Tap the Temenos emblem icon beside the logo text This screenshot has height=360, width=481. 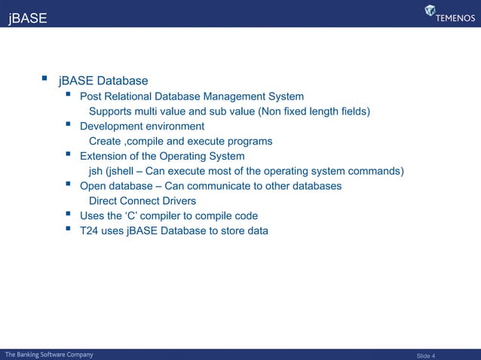coord(430,11)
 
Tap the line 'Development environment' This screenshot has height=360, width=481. coord(142,127)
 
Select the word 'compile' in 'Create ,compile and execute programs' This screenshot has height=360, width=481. coord(149,142)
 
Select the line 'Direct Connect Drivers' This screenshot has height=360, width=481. coord(142,201)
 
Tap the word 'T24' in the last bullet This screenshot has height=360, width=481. coord(89,230)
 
